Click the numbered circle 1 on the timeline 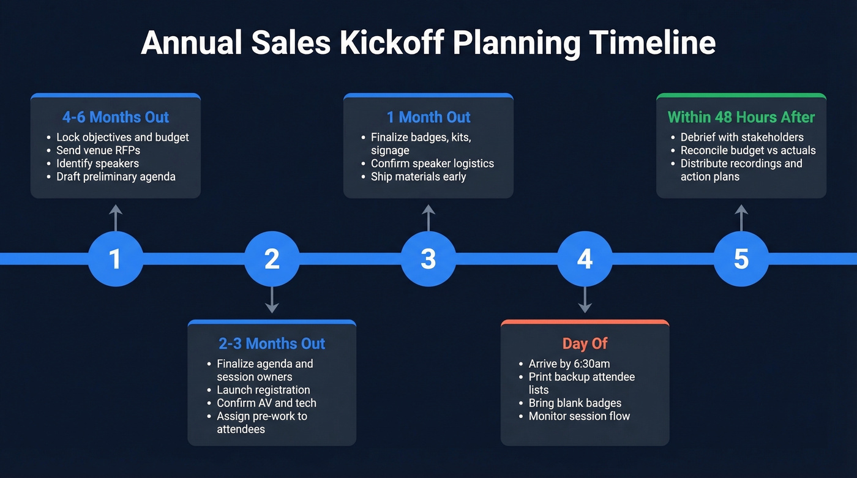tap(115, 259)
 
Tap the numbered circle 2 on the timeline tap(272, 259)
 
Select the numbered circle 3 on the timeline tap(428, 259)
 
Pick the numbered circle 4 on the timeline tap(585, 259)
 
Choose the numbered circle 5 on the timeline tap(741, 259)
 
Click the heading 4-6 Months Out tap(116, 117)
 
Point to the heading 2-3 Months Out tap(272, 343)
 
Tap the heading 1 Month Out tap(428, 117)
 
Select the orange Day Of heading tap(585, 343)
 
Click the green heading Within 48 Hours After tap(741, 117)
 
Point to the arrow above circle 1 tap(116, 217)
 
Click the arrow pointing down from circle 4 tap(585, 300)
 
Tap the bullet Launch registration tap(263, 390)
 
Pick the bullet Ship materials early tap(418, 177)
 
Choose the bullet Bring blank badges tap(575, 403)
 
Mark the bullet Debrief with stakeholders tap(742, 137)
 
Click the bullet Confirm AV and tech tap(266, 403)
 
